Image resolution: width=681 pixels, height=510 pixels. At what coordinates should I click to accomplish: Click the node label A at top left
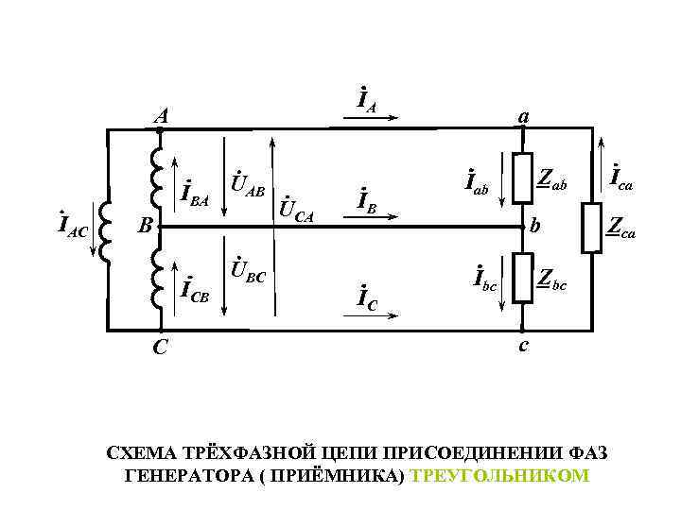tap(163, 116)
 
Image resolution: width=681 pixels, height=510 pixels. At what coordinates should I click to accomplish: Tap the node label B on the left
tap(142, 227)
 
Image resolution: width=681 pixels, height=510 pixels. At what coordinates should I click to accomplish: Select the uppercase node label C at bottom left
tap(162, 348)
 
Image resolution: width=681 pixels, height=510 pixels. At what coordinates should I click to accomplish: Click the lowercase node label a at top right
tap(522, 115)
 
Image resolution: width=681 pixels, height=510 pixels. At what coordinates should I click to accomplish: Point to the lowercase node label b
tap(536, 227)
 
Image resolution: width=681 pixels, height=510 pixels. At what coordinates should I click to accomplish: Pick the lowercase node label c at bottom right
tap(523, 346)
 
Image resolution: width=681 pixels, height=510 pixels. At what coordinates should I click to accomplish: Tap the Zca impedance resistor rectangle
tap(592, 228)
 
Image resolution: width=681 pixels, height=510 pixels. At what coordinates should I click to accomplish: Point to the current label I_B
tap(367, 201)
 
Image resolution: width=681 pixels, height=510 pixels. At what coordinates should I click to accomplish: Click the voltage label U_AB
tap(250, 178)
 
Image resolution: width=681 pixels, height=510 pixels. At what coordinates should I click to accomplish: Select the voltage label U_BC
tap(249, 273)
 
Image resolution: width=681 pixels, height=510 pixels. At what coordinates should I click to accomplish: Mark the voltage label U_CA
tap(298, 209)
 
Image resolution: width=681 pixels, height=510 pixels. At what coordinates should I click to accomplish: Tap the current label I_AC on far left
tap(73, 227)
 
